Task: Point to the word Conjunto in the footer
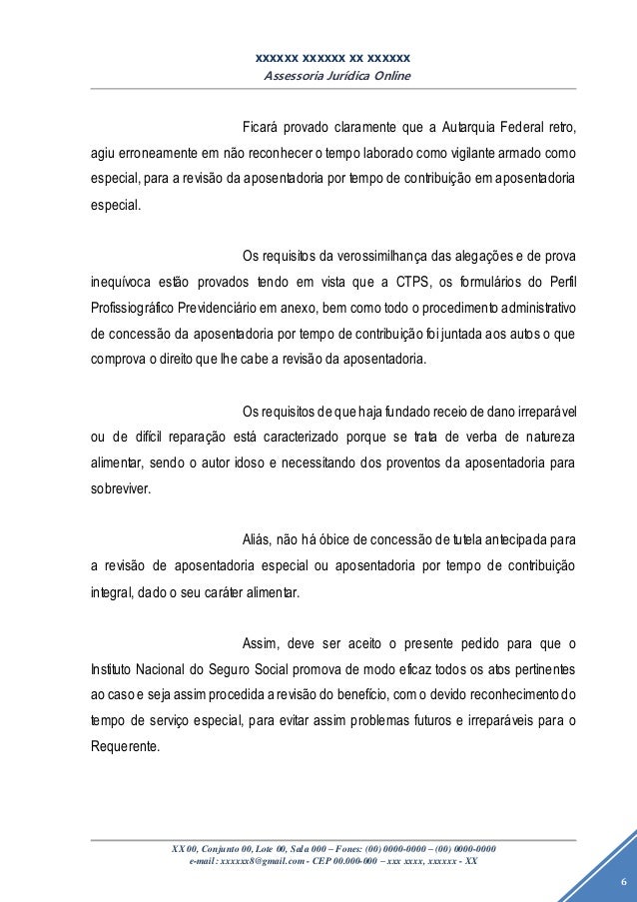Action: pos(218,849)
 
